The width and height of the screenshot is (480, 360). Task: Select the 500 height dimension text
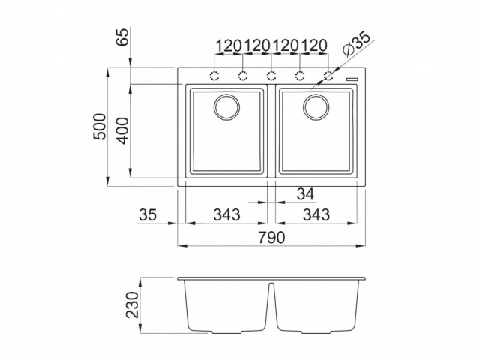click(99, 128)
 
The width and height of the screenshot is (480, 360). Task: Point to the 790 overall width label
click(271, 238)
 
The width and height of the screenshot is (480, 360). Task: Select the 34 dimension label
click(305, 194)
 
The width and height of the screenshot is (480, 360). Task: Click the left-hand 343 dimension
click(225, 215)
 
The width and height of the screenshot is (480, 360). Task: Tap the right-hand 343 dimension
click(316, 215)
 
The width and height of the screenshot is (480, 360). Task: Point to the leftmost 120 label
click(228, 46)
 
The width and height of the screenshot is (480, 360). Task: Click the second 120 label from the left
click(256, 46)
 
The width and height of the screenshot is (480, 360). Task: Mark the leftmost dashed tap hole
click(214, 75)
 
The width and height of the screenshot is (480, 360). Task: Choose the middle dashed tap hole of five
click(271, 75)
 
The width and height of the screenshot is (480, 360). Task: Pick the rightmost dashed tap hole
click(328, 75)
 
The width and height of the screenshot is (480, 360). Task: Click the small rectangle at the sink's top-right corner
click(352, 77)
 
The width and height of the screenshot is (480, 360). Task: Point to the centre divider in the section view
click(271, 307)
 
